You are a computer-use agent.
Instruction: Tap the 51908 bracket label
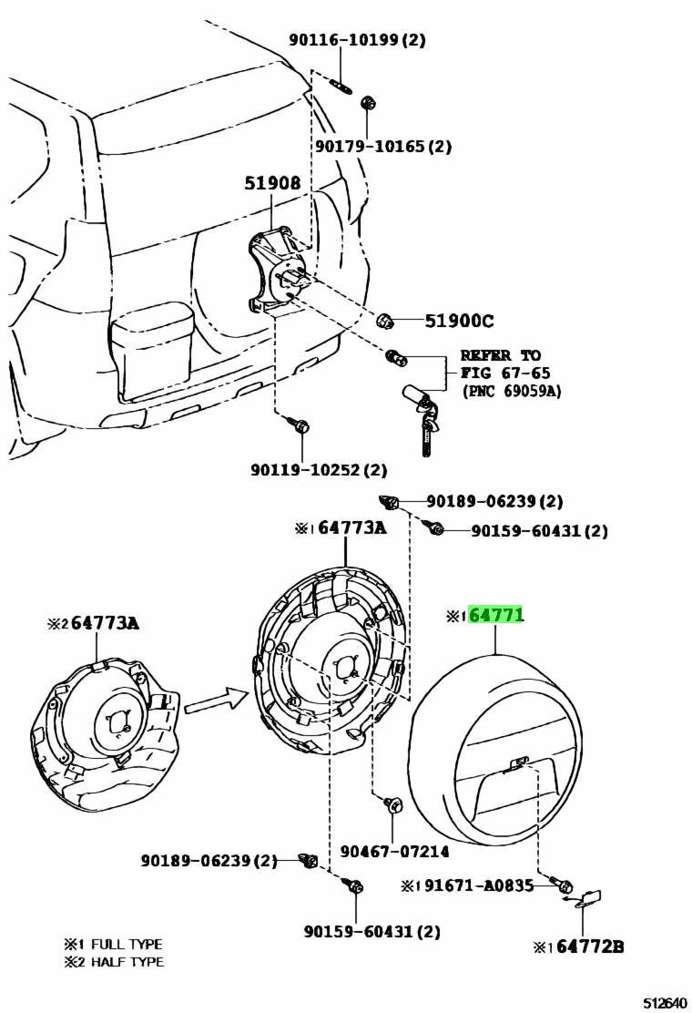[271, 183]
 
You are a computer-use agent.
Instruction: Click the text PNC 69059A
[511, 391]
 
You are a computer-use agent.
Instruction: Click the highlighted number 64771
[496, 616]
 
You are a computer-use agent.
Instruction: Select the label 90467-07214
[394, 851]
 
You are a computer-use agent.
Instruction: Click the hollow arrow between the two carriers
[216, 701]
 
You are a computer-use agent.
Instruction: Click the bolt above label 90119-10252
[300, 425]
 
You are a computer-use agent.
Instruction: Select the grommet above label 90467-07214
[394, 805]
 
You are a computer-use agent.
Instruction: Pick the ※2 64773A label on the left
[95, 623]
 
